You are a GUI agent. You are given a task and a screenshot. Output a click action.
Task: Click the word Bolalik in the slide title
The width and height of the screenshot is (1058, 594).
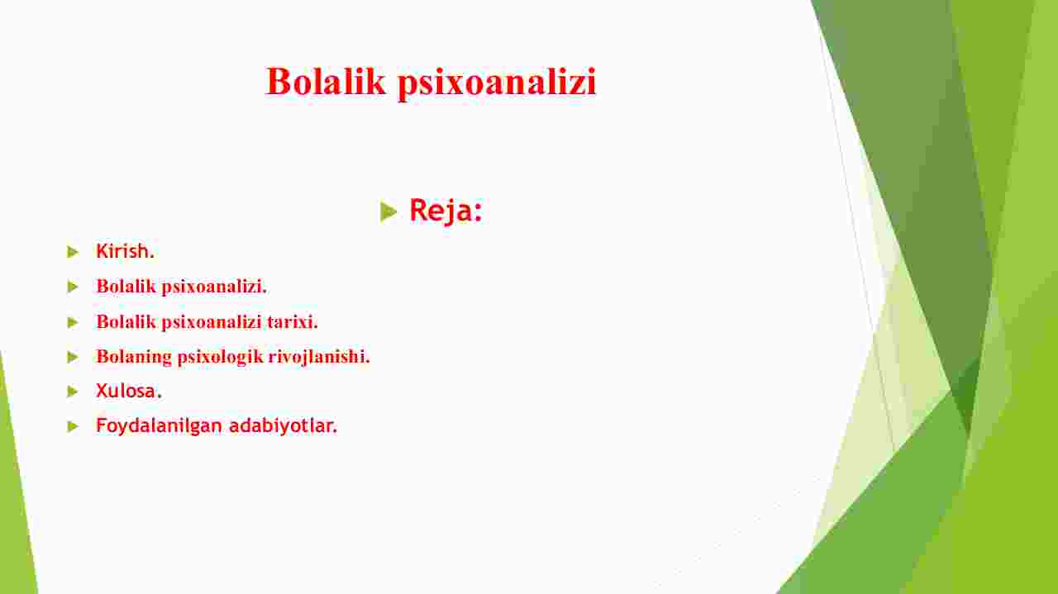pos(326,82)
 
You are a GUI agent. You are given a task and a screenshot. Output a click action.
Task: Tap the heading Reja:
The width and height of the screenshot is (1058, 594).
pos(446,211)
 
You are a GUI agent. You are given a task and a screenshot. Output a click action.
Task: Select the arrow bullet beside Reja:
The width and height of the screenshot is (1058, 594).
pos(388,211)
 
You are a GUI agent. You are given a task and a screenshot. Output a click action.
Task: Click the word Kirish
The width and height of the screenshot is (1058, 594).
pos(125,251)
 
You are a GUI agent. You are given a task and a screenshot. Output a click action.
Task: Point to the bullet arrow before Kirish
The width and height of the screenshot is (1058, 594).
pos(73,252)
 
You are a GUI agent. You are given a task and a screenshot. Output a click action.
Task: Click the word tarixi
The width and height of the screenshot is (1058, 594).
pos(293,322)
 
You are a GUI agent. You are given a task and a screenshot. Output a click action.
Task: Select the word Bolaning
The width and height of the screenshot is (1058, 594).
pos(134,358)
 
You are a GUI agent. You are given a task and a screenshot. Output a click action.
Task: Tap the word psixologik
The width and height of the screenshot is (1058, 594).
pos(220,358)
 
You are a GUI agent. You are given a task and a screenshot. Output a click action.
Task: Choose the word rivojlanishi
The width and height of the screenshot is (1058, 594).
pos(319,358)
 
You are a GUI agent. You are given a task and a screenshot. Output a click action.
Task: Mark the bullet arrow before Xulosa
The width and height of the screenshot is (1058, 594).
pos(73,392)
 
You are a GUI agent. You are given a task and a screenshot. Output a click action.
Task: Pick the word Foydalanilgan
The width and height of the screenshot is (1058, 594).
pos(160,426)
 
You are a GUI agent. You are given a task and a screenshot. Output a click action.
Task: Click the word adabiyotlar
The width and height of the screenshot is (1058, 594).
pos(284,426)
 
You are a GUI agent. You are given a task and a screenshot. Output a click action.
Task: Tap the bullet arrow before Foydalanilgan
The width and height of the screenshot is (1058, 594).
pos(73,426)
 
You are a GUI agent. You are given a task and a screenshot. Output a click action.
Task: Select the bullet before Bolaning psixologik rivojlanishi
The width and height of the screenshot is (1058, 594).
pos(73,357)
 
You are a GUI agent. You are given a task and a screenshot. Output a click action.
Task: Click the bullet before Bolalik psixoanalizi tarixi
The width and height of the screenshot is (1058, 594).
pos(73,322)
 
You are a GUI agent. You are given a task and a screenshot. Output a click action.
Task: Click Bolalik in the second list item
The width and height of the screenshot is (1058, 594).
pos(126,286)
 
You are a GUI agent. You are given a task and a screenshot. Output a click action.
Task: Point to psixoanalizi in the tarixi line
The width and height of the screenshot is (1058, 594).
pos(212,323)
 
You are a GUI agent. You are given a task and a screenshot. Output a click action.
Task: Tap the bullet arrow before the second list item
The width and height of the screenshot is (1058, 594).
pos(73,287)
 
